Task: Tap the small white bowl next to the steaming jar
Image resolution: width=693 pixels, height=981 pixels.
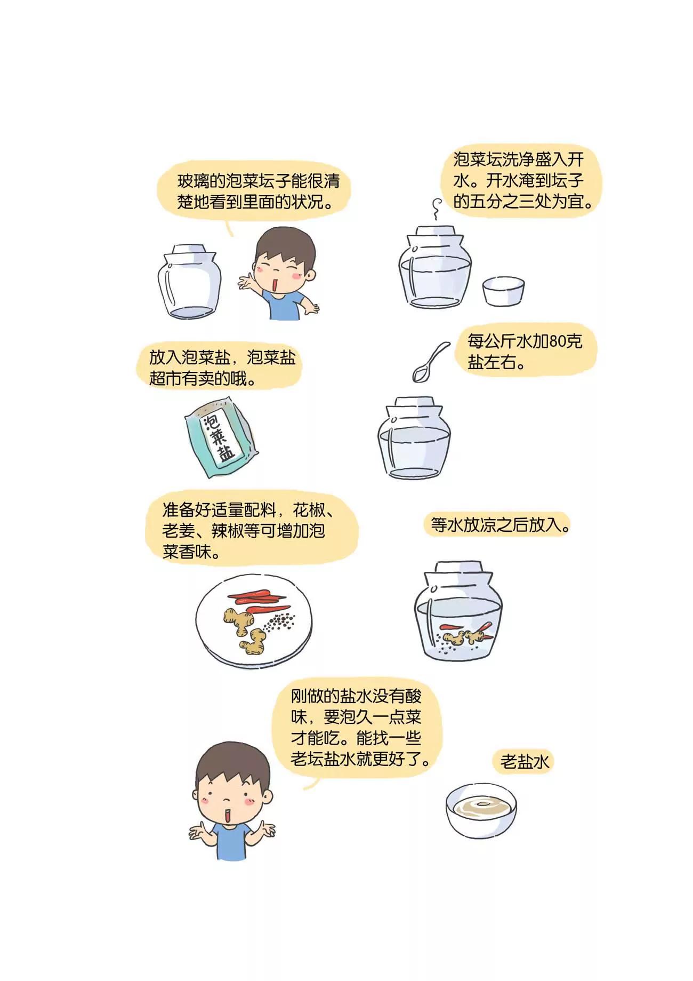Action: click(503, 291)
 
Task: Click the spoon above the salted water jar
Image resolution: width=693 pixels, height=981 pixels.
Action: click(432, 362)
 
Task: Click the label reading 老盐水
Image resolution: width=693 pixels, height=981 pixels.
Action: click(524, 761)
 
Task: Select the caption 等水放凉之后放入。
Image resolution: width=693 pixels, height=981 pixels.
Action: click(500, 525)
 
